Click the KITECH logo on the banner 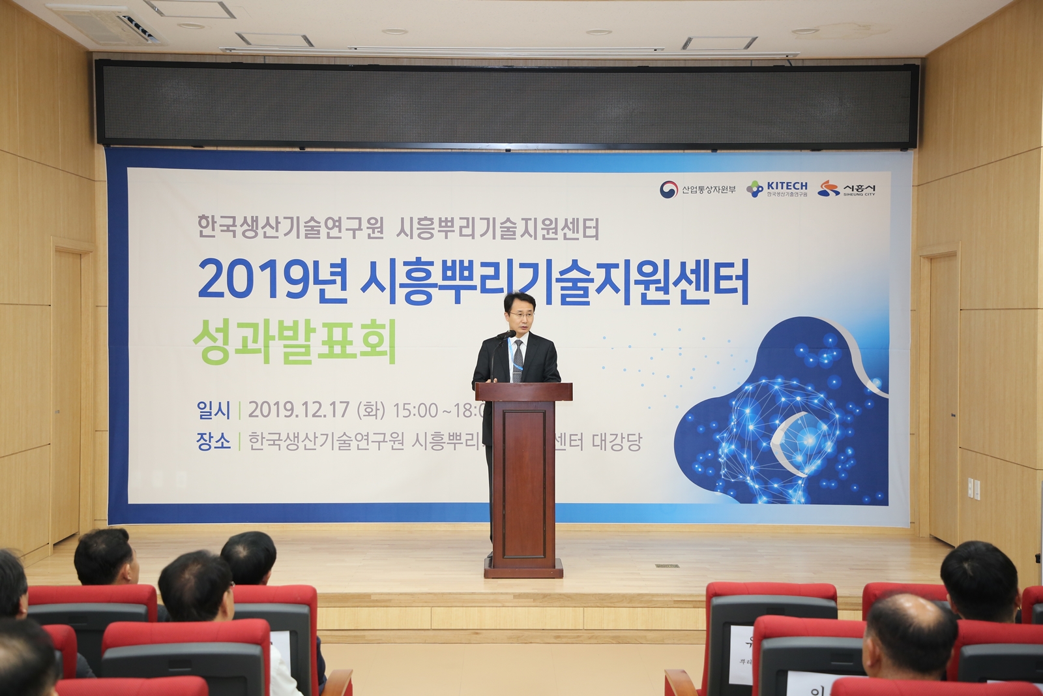777,189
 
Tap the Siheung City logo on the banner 847,189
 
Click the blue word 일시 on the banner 213,410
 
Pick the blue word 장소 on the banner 213,442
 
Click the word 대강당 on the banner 617,442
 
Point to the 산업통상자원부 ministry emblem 669,189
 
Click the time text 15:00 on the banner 415,410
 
